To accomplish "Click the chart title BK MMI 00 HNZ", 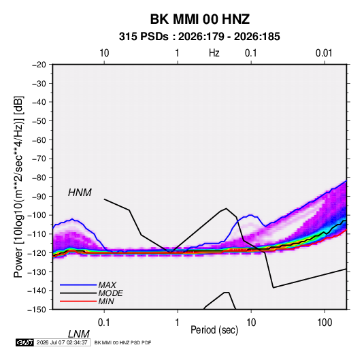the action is [200, 19].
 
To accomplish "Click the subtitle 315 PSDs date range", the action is [199, 37].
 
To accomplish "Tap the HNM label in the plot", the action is [80, 193].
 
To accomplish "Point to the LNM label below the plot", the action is [79, 334].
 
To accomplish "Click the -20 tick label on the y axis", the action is [39, 65].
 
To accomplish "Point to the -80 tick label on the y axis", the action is [39, 178].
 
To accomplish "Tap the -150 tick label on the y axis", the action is [37, 310].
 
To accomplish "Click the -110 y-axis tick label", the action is [37, 234].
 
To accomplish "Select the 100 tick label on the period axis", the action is [325, 323].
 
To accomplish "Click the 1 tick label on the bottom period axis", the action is [178, 323].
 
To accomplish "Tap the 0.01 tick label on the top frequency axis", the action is [324, 53].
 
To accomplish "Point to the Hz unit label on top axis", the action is [214, 53].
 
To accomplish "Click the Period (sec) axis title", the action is [214, 330].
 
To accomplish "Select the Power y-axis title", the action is [18, 187].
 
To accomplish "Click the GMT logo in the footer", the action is [25, 342].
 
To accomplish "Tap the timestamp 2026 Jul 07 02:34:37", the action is [62, 342].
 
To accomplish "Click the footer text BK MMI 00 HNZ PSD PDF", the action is [122, 342].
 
